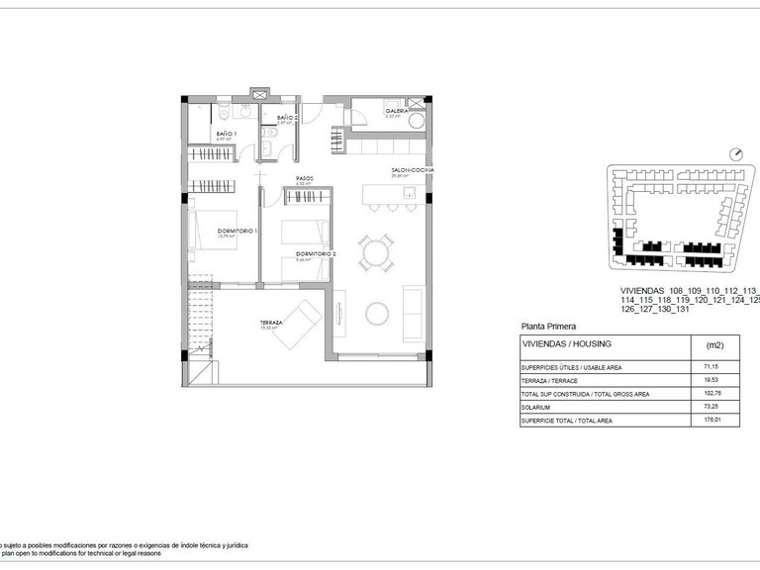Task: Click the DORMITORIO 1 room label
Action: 238,231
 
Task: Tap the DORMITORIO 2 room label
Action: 316,254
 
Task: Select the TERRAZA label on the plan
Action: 271,323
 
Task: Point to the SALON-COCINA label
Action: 412,170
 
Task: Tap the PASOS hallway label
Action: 305,179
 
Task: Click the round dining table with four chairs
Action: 376,254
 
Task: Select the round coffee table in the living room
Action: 377,314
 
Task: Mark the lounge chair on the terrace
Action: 296,325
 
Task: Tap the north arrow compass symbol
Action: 734,153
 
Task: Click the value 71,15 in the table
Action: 709,366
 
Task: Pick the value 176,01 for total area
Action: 709,420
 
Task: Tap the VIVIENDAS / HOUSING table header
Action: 566,343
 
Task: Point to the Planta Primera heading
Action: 548,326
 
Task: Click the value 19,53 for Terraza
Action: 709,380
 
